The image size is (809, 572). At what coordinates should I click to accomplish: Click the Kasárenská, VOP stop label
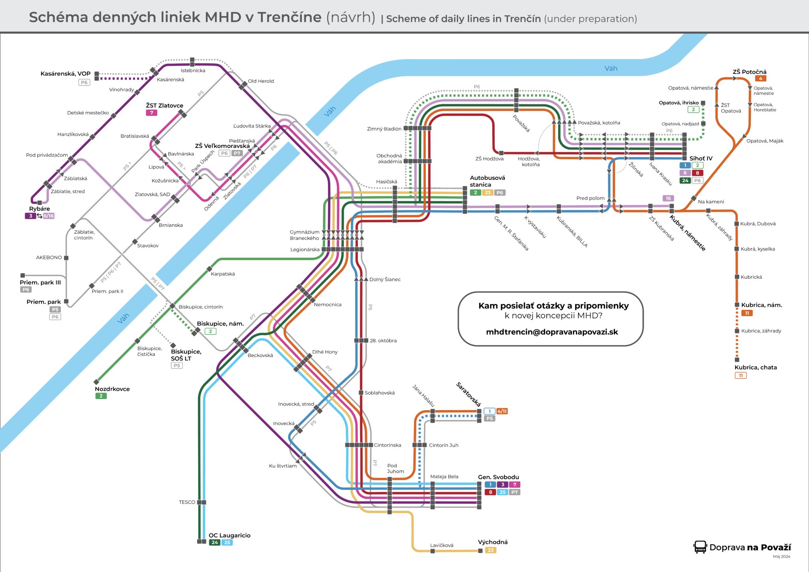65,74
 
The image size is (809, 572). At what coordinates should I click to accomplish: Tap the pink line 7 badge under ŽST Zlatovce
151,113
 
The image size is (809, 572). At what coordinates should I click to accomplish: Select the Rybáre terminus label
40,209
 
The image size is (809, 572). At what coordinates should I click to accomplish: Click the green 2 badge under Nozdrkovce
101,396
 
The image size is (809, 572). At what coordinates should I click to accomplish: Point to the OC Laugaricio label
230,536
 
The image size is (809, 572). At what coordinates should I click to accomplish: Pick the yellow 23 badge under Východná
491,550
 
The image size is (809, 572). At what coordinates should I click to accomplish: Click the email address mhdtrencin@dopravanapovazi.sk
552,332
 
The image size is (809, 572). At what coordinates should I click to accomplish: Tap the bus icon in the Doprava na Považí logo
700,547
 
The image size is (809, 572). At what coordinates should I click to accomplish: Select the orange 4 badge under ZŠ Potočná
760,79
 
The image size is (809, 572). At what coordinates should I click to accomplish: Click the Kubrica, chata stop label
756,367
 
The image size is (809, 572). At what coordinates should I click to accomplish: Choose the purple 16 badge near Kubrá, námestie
668,198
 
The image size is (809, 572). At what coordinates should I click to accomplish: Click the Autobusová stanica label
487,181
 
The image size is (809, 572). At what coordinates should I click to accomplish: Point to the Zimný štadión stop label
384,129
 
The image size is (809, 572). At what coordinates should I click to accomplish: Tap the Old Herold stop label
261,81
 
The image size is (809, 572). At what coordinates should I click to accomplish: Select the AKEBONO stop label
49,258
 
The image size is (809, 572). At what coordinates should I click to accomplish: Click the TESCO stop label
187,502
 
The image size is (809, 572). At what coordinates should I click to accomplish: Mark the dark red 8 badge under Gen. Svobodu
490,492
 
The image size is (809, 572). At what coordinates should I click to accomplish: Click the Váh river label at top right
611,69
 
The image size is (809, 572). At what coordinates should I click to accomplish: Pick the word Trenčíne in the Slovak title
290,17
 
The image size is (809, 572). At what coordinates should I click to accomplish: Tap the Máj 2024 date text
781,557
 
